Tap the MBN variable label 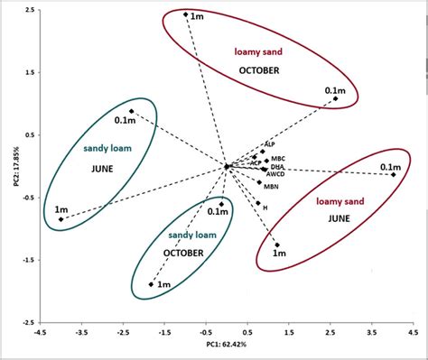(272, 187)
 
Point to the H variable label (265, 207)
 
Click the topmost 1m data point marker (186, 14)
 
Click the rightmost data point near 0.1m (394, 174)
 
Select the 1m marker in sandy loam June (60, 219)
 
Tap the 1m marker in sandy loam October (151, 285)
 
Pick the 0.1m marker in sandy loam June (131, 111)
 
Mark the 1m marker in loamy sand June (277, 245)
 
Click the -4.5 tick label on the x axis (40, 331)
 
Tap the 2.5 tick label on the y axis (29, 10)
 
